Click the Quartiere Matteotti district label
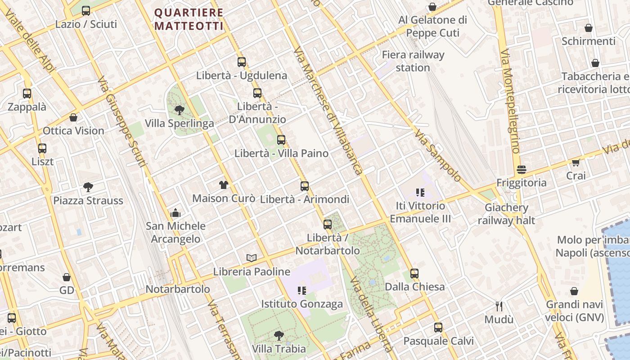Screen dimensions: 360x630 (x=189, y=19)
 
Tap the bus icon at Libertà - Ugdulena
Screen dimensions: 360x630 (x=242, y=62)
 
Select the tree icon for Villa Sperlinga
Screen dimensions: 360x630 (x=179, y=110)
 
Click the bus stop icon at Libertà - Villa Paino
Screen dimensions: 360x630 (x=281, y=140)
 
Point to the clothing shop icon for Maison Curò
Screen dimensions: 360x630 (x=223, y=185)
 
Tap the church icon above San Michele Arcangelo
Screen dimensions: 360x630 (x=175, y=213)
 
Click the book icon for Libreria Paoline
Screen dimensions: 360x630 (x=252, y=258)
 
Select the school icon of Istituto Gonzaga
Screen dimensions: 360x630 (x=302, y=291)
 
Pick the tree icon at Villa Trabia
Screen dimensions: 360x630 (x=279, y=336)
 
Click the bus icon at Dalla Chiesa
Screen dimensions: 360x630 (x=414, y=274)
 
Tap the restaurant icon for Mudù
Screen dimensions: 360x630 (x=499, y=306)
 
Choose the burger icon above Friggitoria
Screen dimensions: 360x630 (x=522, y=170)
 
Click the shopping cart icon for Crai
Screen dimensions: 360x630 (x=576, y=162)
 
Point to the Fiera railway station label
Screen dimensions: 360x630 (x=413, y=61)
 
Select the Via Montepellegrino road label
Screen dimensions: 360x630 (x=510, y=101)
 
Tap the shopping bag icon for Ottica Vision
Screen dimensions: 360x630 (x=73, y=118)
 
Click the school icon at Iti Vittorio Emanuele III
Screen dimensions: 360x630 (x=420, y=193)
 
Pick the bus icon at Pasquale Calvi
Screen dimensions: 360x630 (x=438, y=328)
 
